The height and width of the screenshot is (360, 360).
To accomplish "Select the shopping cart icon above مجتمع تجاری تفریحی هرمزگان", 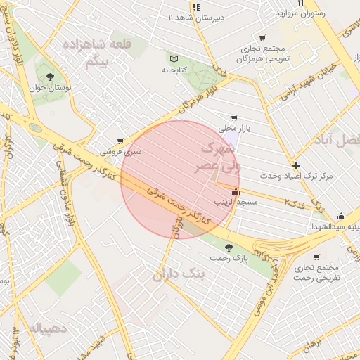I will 262,38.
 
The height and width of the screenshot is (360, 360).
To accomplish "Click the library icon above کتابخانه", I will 174,58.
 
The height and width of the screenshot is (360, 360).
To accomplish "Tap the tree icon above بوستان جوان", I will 49,77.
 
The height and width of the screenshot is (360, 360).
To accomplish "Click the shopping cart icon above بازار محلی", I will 234,118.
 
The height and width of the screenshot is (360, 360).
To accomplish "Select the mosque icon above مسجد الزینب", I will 235,191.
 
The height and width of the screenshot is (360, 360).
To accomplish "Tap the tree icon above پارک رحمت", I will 229,247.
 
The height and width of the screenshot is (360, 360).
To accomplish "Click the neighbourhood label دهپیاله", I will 49,328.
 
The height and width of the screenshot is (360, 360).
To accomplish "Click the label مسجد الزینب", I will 236,202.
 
